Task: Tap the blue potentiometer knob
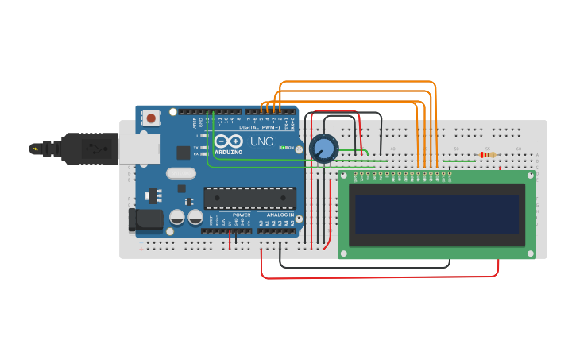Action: pos(324,148)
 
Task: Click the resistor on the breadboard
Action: pos(488,155)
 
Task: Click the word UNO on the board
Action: pos(263,141)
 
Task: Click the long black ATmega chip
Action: pos(249,198)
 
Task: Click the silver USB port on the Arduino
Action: pos(139,149)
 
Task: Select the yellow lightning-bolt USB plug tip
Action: pos(35,149)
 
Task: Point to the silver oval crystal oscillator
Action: pos(181,173)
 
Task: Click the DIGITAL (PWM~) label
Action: pos(257,127)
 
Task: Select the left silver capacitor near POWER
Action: pos(177,217)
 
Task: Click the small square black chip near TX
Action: pos(184,152)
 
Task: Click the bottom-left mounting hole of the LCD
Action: pos(344,254)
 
